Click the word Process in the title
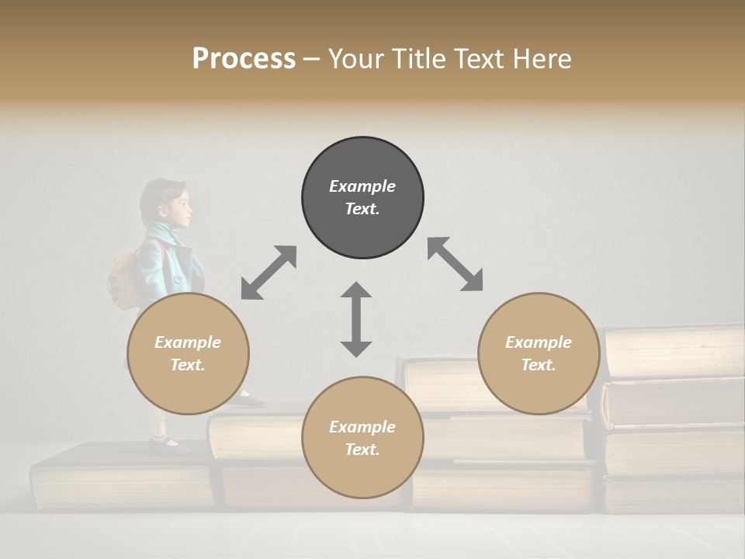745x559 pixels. [x=244, y=59]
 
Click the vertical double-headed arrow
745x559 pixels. [x=356, y=319]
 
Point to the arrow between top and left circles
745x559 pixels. [x=269, y=273]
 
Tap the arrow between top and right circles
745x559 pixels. [x=455, y=264]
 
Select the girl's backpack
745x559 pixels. [x=125, y=279]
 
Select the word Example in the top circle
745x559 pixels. [x=362, y=186]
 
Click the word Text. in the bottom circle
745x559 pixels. [x=362, y=450]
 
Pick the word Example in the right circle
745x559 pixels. [x=539, y=342]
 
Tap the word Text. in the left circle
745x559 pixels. [x=188, y=365]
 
